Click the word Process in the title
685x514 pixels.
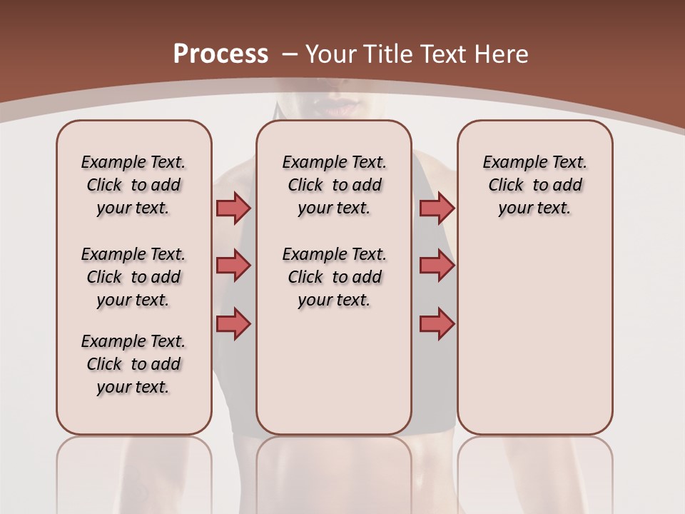[220, 54]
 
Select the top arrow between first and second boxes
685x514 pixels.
[233, 208]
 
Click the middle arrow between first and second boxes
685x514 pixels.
[233, 266]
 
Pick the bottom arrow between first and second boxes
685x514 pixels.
[233, 323]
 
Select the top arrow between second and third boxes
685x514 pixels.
[437, 208]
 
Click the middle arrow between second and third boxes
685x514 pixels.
[437, 266]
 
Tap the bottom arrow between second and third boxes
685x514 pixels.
[437, 323]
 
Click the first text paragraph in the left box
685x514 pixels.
[133, 185]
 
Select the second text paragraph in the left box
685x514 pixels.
[133, 277]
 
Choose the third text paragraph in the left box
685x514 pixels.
[133, 364]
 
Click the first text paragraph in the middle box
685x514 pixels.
[334, 185]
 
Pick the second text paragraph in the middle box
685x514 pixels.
[334, 277]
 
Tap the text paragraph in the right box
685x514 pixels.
[534, 185]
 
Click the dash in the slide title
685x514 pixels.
[290, 54]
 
